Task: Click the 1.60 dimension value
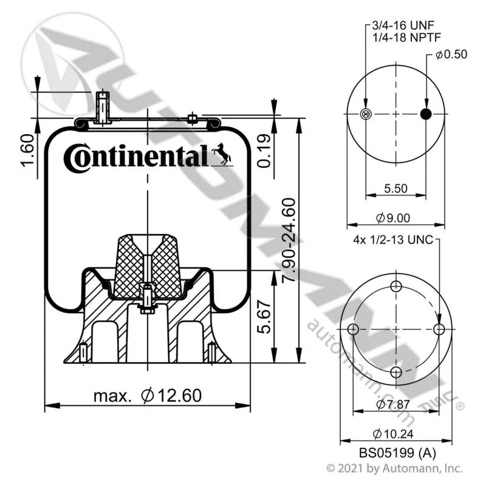tap(27, 150)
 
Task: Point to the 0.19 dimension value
tap(264, 151)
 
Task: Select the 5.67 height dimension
tap(264, 317)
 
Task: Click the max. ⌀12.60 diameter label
tap(148, 396)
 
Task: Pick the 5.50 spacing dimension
tap(396, 188)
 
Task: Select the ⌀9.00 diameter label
tap(393, 218)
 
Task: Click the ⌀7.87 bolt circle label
tap(393, 404)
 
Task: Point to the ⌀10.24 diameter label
tap(393, 434)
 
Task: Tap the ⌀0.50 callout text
tap(451, 54)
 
